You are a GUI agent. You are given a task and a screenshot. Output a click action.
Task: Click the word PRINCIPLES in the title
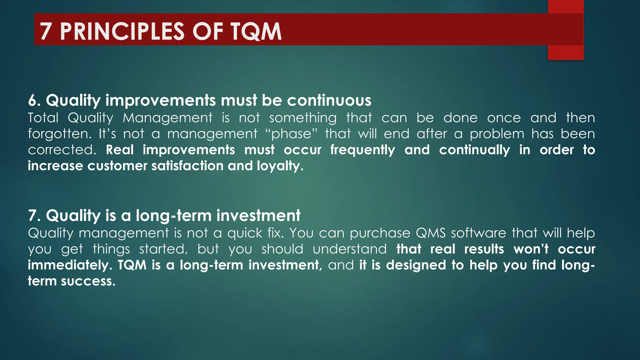click(x=122, y=31)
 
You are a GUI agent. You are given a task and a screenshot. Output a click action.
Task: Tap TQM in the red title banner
click(x=256, y=31)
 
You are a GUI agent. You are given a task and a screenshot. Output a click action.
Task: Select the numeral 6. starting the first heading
click(x=34, y=101)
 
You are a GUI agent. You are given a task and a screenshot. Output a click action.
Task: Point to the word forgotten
click(x=59, y=134)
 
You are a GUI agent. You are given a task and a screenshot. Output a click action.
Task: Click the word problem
click(x=497, y=134)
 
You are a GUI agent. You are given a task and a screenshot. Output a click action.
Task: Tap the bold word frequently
click(x=362, y=150)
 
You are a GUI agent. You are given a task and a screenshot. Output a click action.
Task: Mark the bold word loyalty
click(x=280, y=166)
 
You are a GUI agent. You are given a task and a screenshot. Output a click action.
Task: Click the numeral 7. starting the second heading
click(x=34, y=216)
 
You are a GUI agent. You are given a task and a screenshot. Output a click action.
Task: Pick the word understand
click(x=350, y=249)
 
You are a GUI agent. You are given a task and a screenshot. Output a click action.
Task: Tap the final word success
click(x=88, y=281)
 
